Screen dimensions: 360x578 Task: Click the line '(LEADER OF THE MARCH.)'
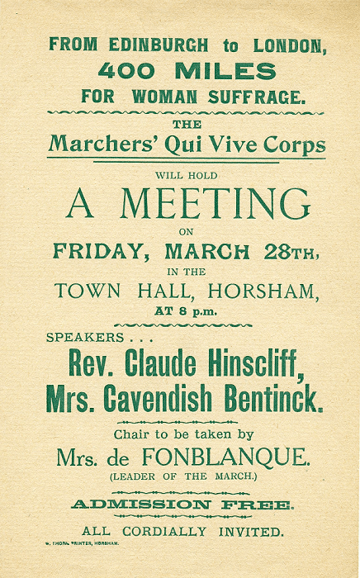[181, 476]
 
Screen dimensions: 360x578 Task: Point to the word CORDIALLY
[172, 532]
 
